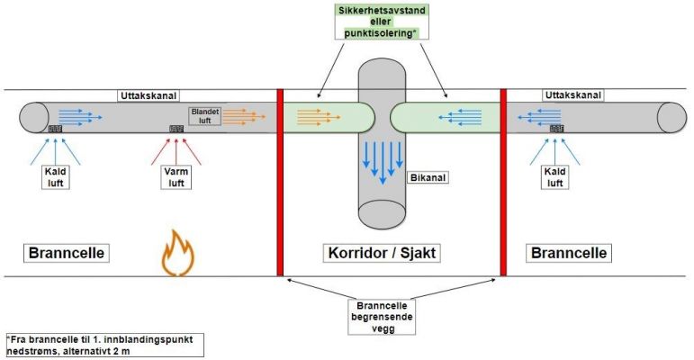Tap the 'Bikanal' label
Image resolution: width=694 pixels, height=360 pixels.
point(427,177)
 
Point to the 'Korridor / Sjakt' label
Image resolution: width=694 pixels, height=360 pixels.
point(390,253)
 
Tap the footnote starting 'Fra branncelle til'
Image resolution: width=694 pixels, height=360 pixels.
point(104,345)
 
